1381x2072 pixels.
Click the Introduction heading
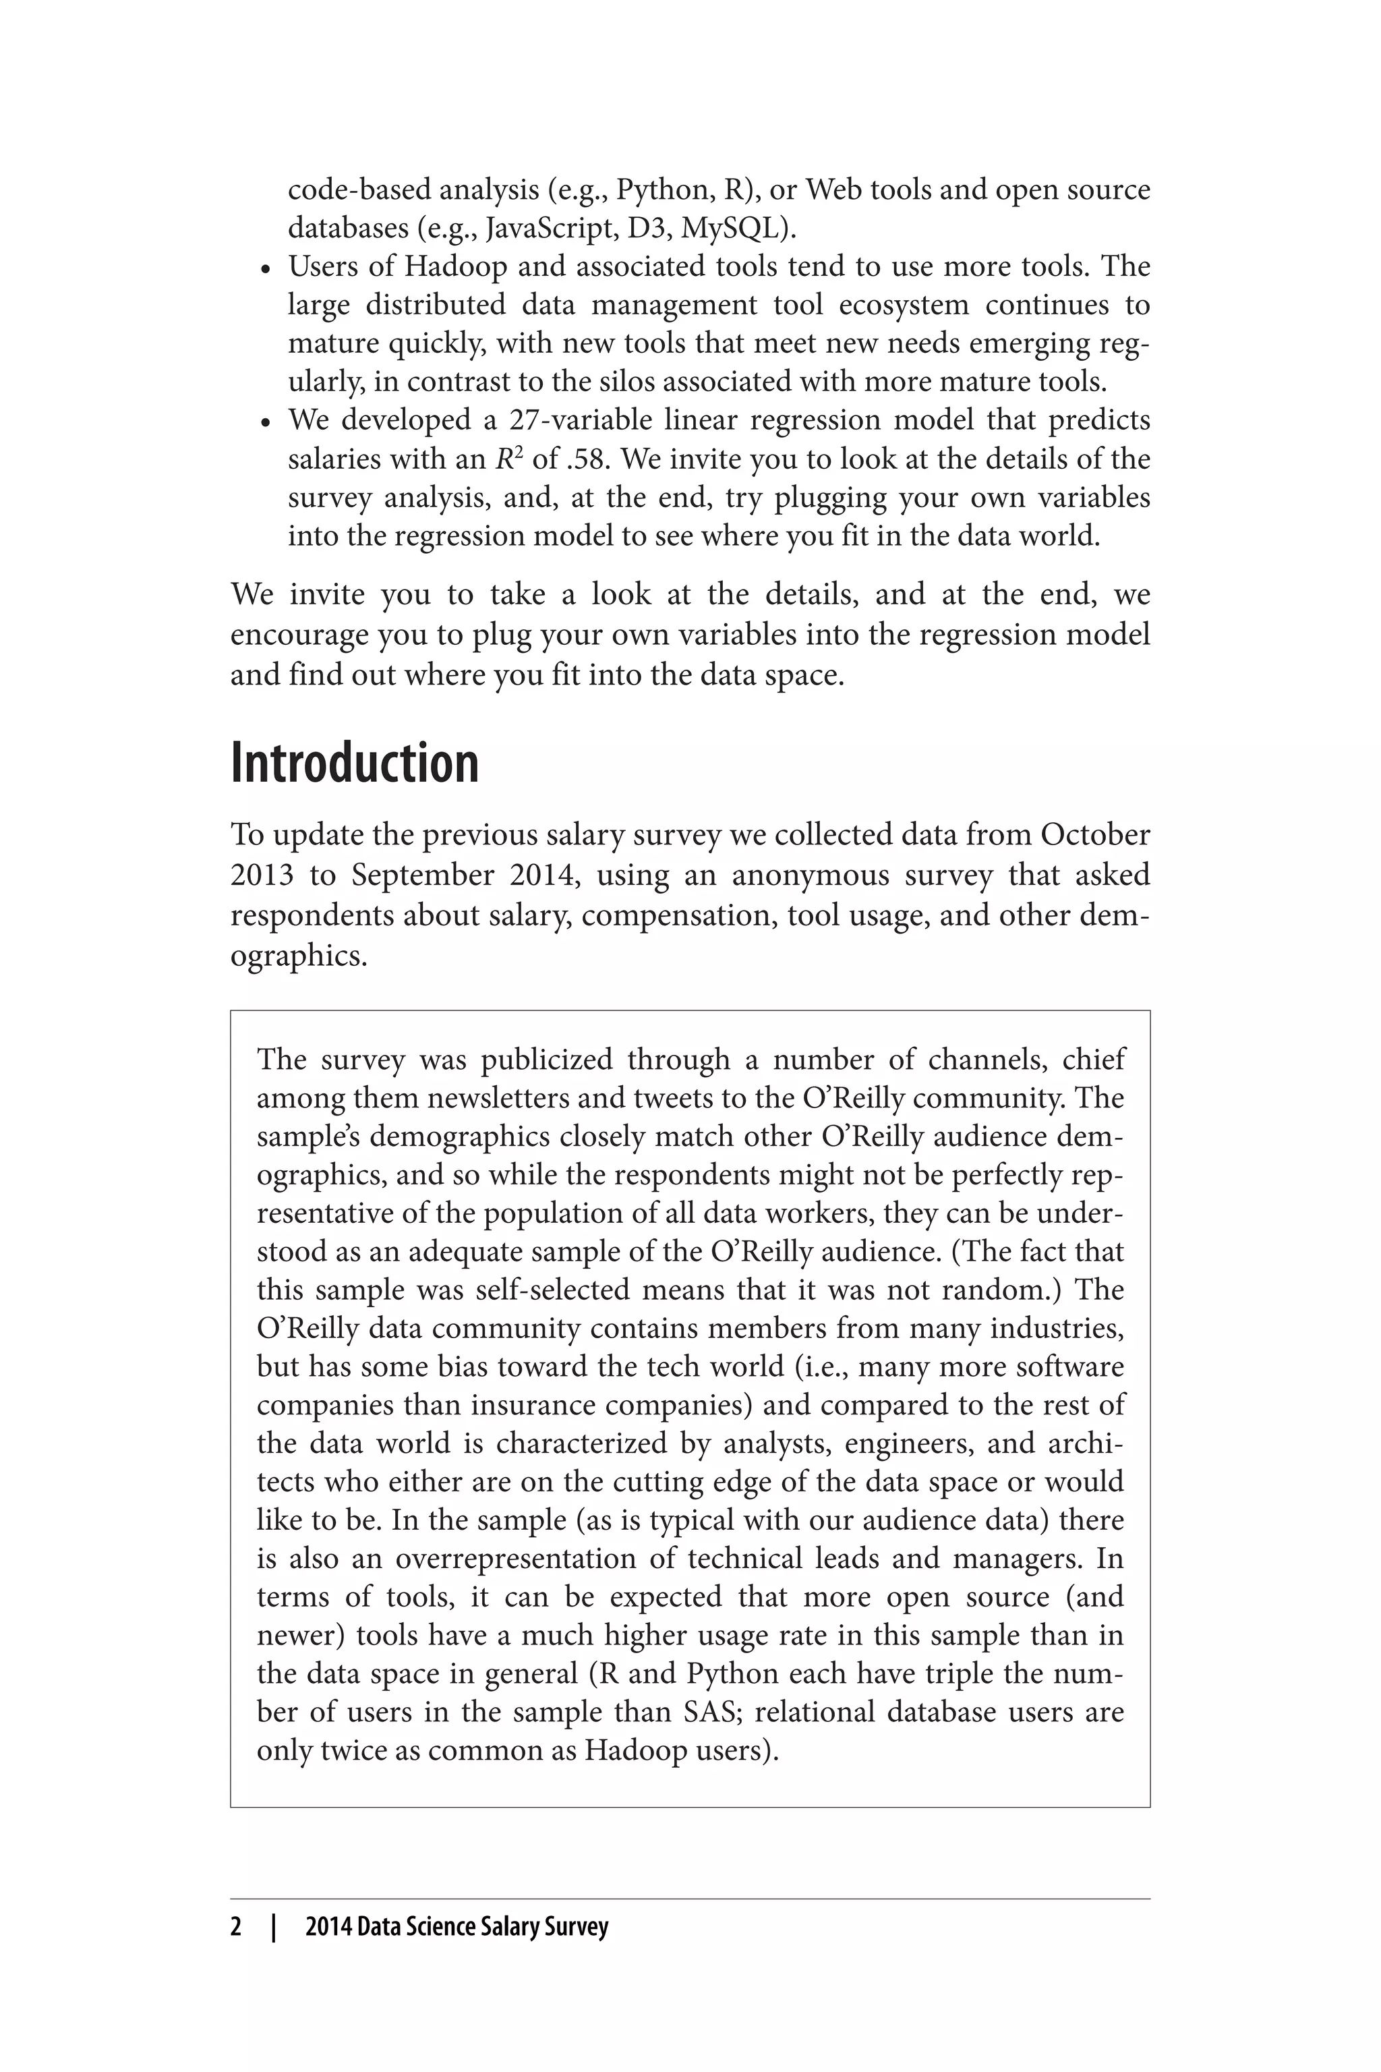pyautogui.click(x=354, y=764)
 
